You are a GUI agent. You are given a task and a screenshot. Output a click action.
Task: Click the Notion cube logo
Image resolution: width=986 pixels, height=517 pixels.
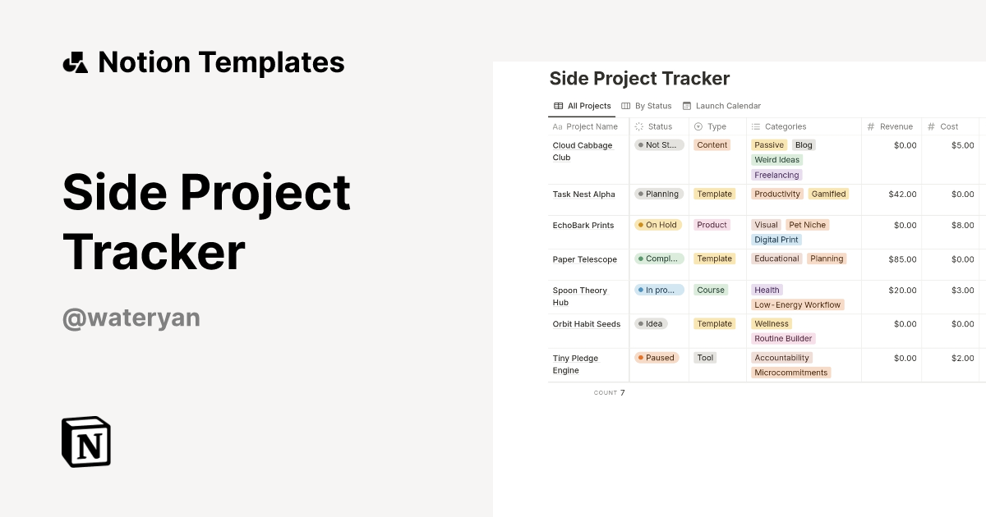86,442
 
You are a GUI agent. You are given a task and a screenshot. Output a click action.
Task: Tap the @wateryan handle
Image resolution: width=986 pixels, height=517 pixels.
131,318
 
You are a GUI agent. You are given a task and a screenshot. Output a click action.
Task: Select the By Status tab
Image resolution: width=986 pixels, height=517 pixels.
647,106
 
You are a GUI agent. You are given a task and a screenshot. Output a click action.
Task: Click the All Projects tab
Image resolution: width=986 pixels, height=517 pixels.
583,106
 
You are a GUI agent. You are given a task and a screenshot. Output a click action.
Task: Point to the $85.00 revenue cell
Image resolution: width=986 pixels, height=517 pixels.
902,259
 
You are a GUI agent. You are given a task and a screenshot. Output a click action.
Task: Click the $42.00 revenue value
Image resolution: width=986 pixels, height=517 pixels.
902,194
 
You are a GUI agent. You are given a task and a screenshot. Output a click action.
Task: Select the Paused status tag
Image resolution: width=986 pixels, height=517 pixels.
656,358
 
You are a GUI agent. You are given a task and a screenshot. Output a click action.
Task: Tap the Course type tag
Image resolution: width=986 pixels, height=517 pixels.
711,290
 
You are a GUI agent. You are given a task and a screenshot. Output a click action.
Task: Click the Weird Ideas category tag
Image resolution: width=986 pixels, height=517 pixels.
776,160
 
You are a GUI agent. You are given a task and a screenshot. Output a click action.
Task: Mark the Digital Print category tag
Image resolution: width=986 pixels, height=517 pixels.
776,240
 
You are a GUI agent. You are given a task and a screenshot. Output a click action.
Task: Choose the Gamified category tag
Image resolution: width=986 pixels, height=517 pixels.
828,194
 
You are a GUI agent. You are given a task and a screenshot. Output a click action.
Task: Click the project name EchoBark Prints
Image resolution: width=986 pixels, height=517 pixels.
583,226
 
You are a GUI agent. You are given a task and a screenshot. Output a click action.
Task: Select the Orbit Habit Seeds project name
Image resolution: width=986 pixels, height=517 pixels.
587,324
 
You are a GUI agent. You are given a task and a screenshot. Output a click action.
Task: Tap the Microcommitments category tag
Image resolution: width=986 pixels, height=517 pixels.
791,373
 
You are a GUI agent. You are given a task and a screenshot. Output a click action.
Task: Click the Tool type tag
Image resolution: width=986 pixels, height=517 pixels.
705,358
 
